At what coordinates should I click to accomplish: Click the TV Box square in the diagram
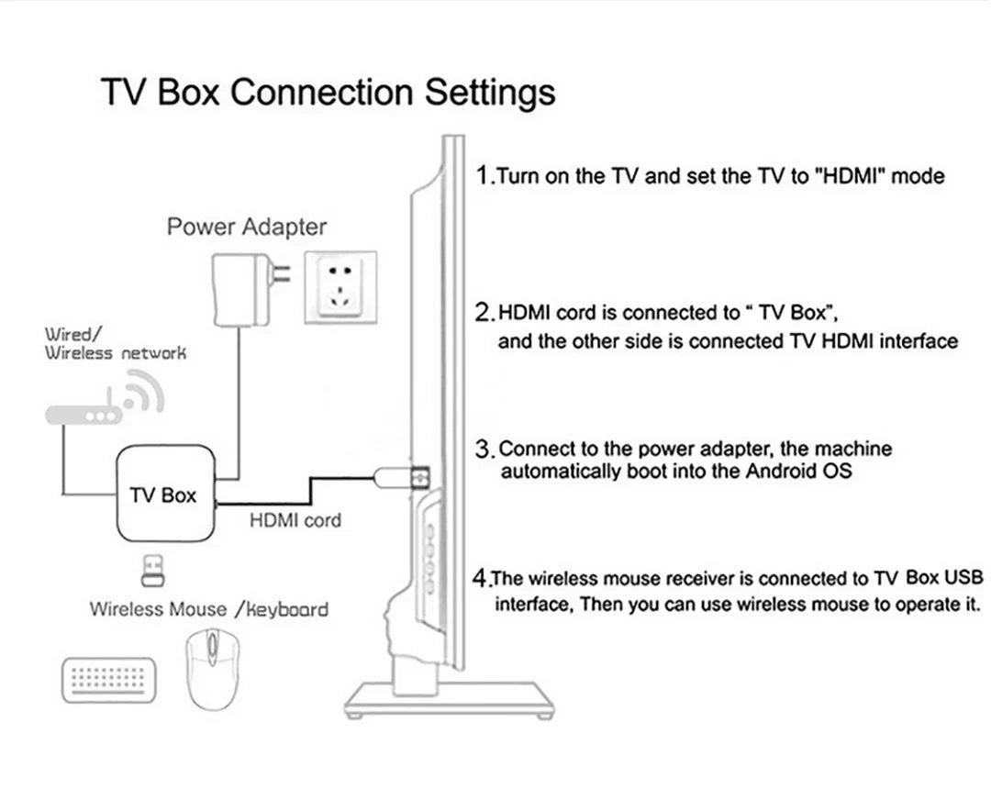coord(163,495)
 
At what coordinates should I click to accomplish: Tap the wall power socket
coord(341,283)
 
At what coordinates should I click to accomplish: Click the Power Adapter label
coord(246,227)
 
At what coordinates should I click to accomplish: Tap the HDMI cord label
coord(295,520)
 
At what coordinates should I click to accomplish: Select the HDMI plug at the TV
coord(401,477)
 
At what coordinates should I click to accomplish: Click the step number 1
coord(484,175)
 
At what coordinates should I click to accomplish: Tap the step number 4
coord(480,579)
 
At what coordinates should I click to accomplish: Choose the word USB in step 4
coord(963,578)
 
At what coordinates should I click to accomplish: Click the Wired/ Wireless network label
coord(115,344)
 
